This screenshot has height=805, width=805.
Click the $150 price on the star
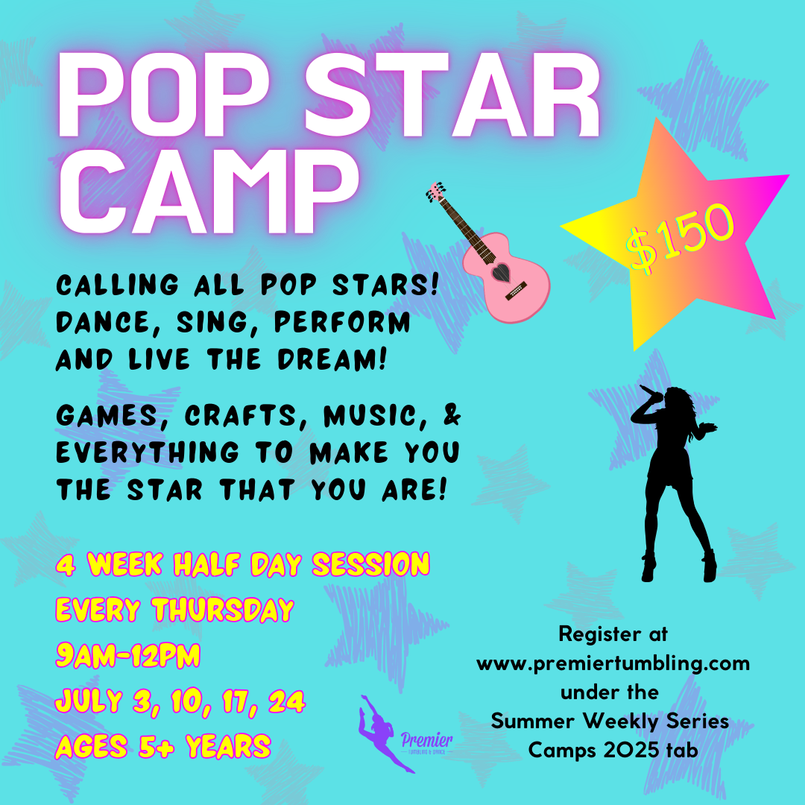[x=680, y=237]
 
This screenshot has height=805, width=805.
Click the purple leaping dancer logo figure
[x=383, y=733]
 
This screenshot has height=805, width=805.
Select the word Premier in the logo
[x=426, y=740]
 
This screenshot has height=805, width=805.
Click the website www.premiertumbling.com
[x=613, y=663]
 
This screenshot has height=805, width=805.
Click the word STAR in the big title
[x=453, y=95]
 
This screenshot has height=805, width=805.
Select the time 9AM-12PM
[x=127, y=656]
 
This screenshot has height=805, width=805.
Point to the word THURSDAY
[x=223, y=610]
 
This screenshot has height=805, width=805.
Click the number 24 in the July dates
[x=286, y=701]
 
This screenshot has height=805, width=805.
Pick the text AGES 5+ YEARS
[x=162, y=746]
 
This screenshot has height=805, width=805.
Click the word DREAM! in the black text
[x=332, y=359]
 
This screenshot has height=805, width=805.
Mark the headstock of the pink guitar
[x=436, y=191]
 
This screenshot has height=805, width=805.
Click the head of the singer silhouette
[x=677, y=399]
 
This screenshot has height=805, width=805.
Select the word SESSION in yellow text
[x=370, y=564]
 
